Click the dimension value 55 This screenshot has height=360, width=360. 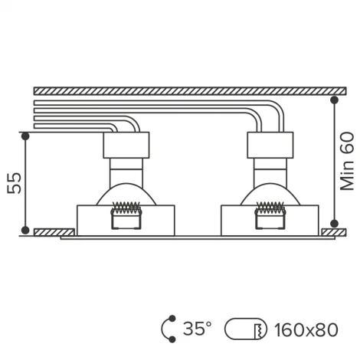tap(15, 183)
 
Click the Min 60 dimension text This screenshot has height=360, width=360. tap(347, 162)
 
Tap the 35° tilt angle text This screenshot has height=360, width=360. tap(197, 329)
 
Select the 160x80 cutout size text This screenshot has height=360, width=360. tap(306, 330)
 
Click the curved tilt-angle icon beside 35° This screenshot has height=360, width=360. tap(162, 329)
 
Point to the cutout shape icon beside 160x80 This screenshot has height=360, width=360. tap(245, 329)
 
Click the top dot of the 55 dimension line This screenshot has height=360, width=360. tap(25, 136)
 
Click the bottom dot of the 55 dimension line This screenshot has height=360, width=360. tap(25, 230)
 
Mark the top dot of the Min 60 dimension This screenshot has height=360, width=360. tap(334, 100)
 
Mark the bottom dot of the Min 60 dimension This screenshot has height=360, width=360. tap(334, 224)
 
